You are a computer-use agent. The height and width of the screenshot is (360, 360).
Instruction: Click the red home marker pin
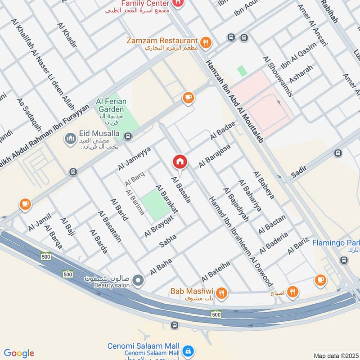pos(180,162)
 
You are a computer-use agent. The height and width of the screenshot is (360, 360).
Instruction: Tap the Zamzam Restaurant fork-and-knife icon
pos(206,43)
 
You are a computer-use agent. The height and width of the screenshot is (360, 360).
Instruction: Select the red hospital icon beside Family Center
pos(178,4)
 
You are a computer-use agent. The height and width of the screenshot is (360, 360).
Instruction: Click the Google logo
pos(19,353)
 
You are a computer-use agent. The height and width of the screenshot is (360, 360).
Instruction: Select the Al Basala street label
pos(181,189)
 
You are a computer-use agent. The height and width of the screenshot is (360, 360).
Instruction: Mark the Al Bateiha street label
pos(216,269)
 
